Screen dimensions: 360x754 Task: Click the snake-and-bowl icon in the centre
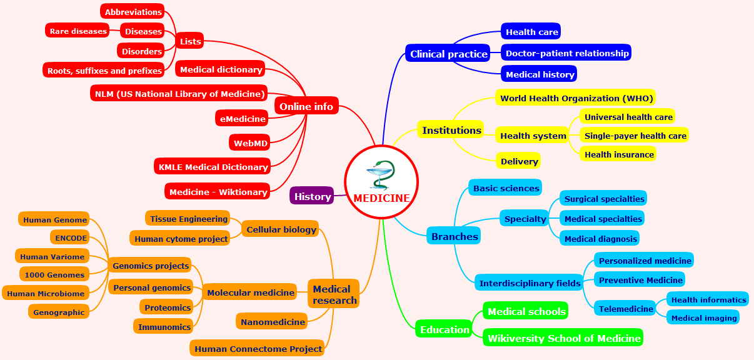click(381, 175)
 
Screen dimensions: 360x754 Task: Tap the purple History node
click(312, 196)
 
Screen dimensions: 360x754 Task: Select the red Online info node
click(306, 106)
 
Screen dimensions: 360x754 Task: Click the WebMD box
click(250, 143)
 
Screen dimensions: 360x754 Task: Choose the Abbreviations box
click(133, 12)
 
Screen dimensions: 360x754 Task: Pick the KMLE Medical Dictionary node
click(213, 167)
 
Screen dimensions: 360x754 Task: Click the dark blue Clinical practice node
click(448, 54)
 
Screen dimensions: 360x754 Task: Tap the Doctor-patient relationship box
click(566, 53)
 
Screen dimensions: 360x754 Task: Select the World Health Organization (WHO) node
click(576, 98)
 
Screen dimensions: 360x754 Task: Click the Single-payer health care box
click(635, 136)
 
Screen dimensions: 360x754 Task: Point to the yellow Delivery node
click(519, 161)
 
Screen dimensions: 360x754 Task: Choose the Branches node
click(455, 236)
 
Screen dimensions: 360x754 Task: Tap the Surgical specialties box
click(603, 199)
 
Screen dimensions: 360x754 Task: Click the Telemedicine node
click(625, 309)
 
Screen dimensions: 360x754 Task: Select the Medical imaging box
click(703, 318)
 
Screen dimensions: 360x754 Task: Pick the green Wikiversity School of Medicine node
click(564, 338)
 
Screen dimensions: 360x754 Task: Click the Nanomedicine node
click(273, 322)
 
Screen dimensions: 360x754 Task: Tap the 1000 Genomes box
click(54, 274)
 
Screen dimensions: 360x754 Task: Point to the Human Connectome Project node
click(258, 349)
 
